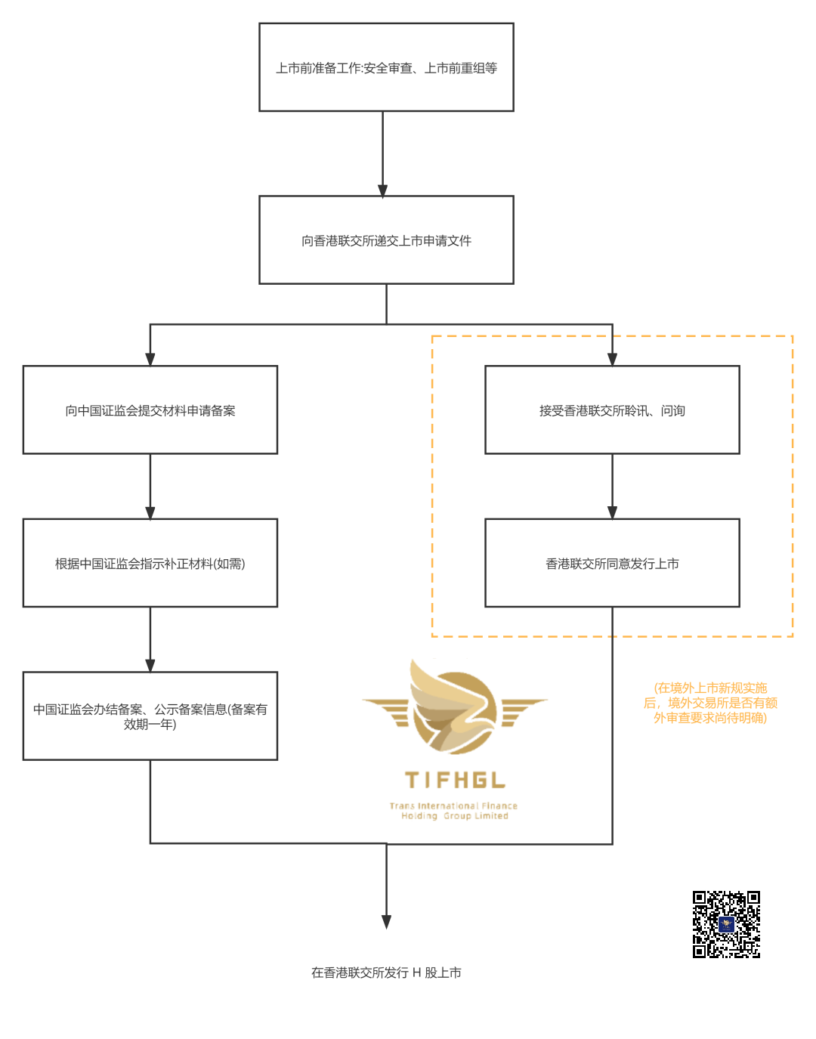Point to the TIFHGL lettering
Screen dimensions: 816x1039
[455, 781]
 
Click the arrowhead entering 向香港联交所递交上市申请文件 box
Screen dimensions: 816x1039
[383, 190]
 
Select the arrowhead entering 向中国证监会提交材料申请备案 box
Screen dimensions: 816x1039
[150, 360]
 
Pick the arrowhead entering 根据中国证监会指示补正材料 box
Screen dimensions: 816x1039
[150, 512]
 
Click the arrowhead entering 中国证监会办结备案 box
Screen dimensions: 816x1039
[150, 666]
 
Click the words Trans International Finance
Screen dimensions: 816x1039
[453, 806]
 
